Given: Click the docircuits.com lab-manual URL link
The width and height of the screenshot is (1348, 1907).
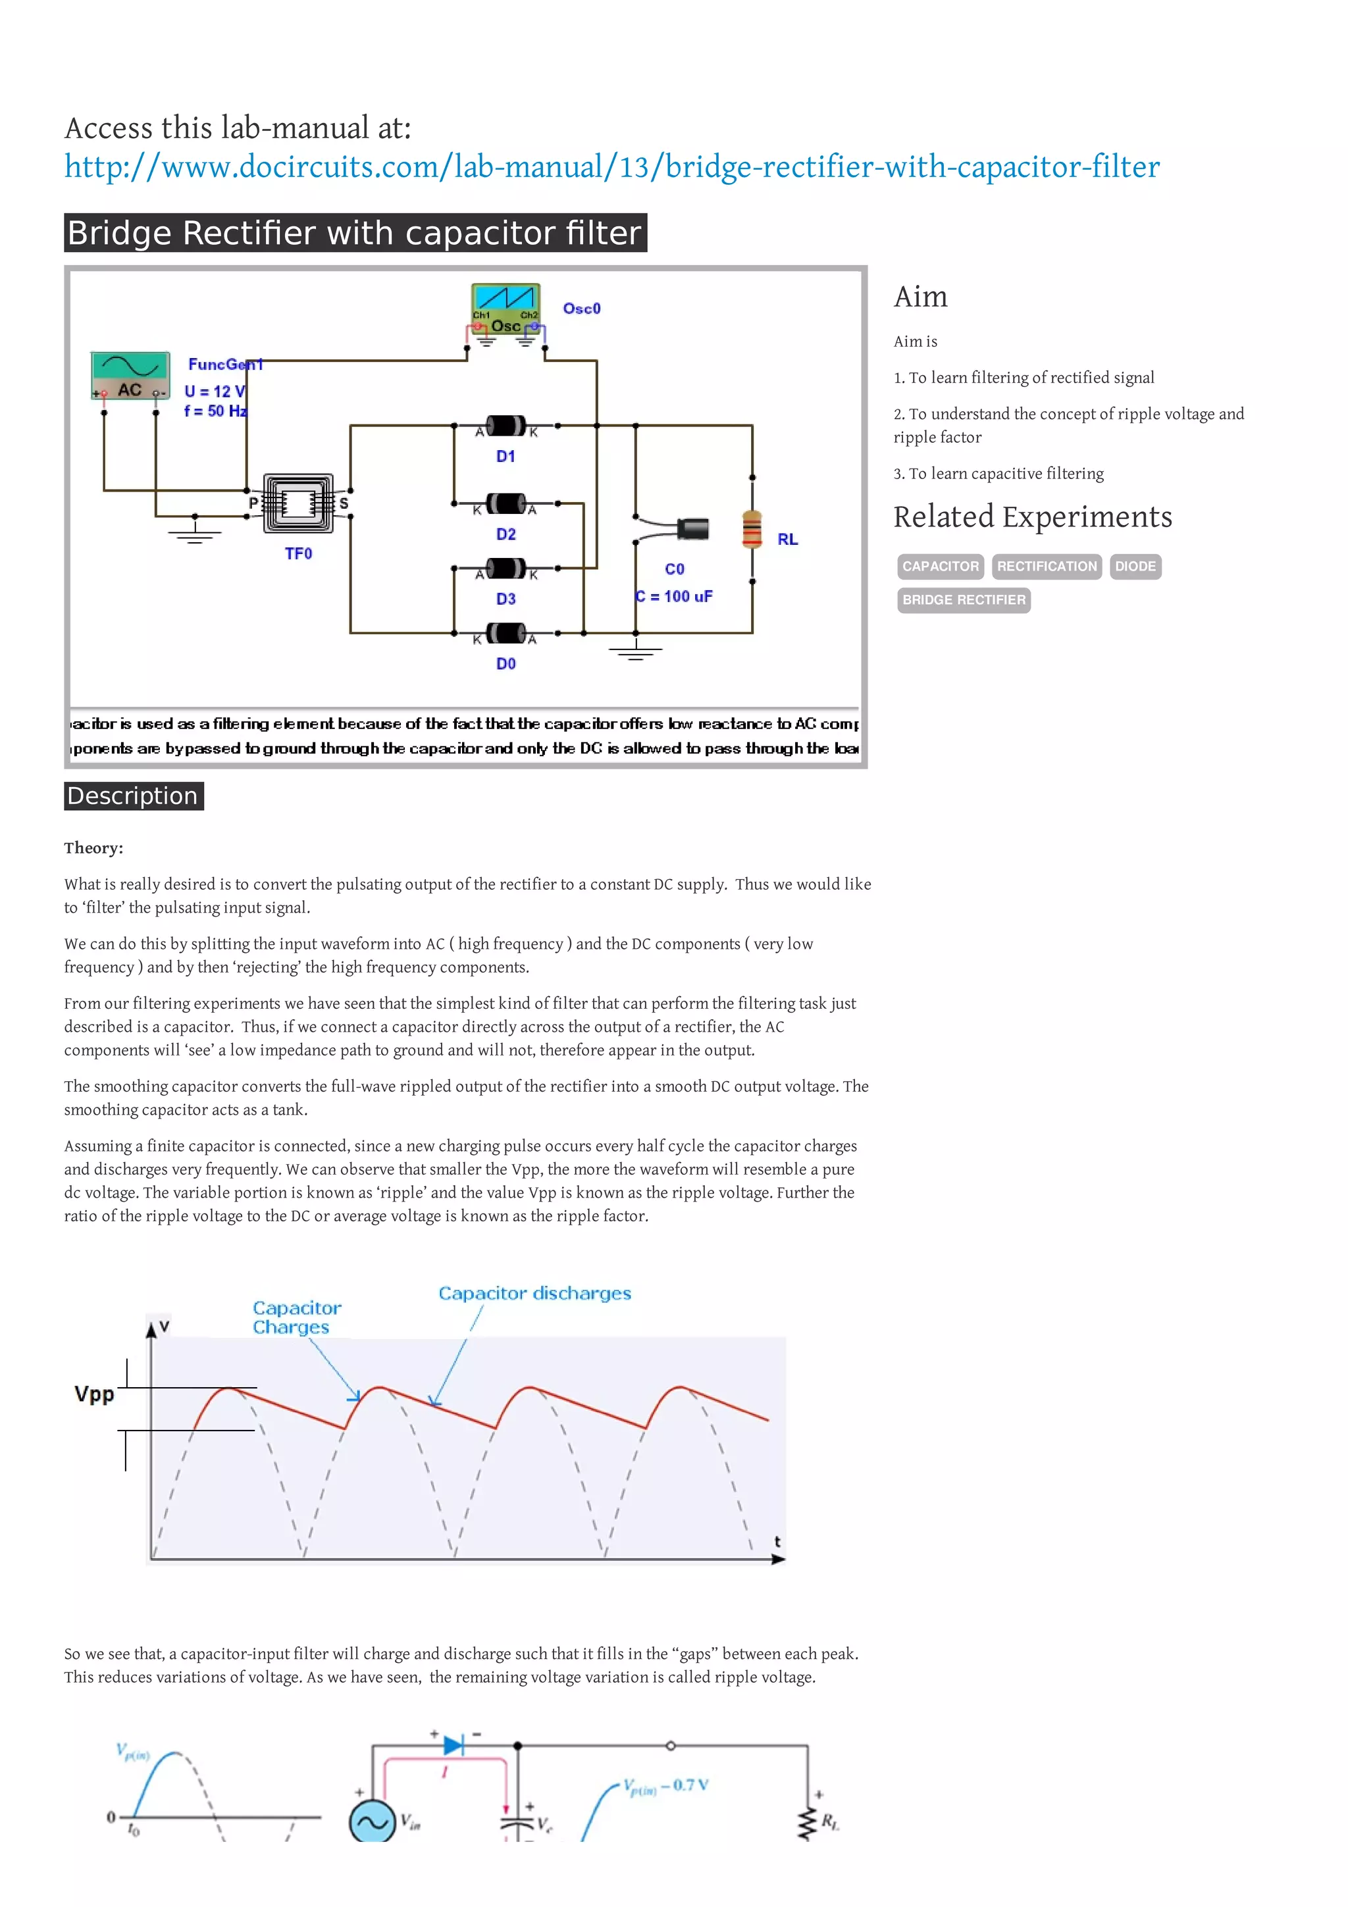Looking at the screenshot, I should tap(611, 167).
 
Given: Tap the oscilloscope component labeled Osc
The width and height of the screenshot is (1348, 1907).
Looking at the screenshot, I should tap(505, 309).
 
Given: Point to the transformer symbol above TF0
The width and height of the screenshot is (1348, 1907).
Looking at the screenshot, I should tap(298, 503).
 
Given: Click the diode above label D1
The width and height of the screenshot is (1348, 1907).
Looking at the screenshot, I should tap(505, 426).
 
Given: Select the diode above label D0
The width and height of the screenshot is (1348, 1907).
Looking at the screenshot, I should tap(505, 633).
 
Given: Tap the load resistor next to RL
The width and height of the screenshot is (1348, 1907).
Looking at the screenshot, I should tap(752, 529).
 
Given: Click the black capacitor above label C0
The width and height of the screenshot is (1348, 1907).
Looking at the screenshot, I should tap(692, 528).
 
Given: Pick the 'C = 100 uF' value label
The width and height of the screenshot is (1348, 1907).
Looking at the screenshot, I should tap(673, 596).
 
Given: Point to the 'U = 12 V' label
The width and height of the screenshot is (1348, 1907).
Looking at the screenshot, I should tap(215, 391).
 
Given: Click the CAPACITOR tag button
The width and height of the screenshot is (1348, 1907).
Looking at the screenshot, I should tap(940, 567).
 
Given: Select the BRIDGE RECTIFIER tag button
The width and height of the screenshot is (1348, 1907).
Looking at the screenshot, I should tap(964, 599).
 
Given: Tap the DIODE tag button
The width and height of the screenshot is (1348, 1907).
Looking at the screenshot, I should tap(1135, 567).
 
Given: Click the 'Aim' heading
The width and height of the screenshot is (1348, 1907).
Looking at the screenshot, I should tap(920, 297).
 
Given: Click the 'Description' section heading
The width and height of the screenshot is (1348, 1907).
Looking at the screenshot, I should tap(133, 796).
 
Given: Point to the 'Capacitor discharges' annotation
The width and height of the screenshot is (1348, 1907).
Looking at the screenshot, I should tap(534, 1293).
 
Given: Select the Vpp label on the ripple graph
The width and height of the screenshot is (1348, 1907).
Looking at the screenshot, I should tap(94, 1394).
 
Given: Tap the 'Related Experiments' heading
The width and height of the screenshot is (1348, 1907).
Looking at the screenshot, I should tap(1032, 517).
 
